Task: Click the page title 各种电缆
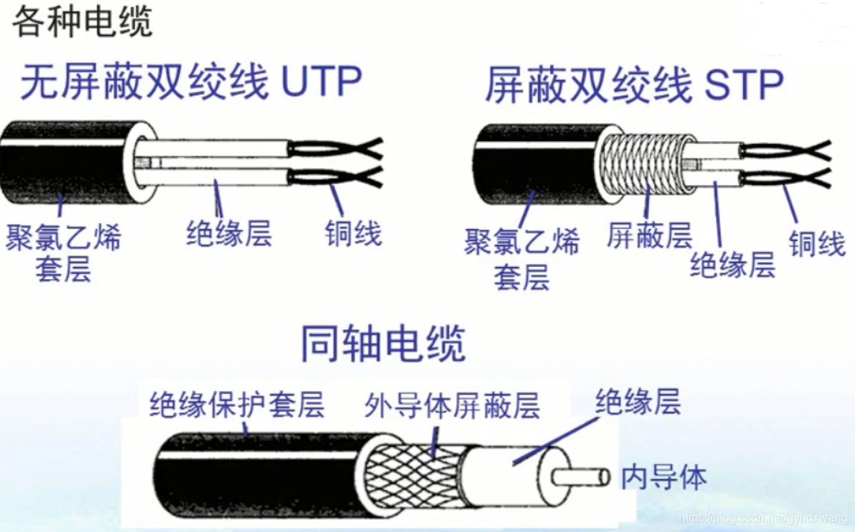[82, 22]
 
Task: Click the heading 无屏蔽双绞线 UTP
[191, 82]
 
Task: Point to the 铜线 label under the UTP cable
[354, 234]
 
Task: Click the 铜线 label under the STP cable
[817, 243]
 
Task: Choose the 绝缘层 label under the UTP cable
[229, 233]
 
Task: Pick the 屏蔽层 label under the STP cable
[649, 236]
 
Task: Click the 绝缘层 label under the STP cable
[733, 265]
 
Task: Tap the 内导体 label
[663, 477]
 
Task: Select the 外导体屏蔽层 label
[452, 405]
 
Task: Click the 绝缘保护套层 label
[237, 404]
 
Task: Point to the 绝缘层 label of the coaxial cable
[638, 401]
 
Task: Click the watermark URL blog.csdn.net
[763, 518]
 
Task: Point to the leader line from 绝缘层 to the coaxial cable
[555, 442]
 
